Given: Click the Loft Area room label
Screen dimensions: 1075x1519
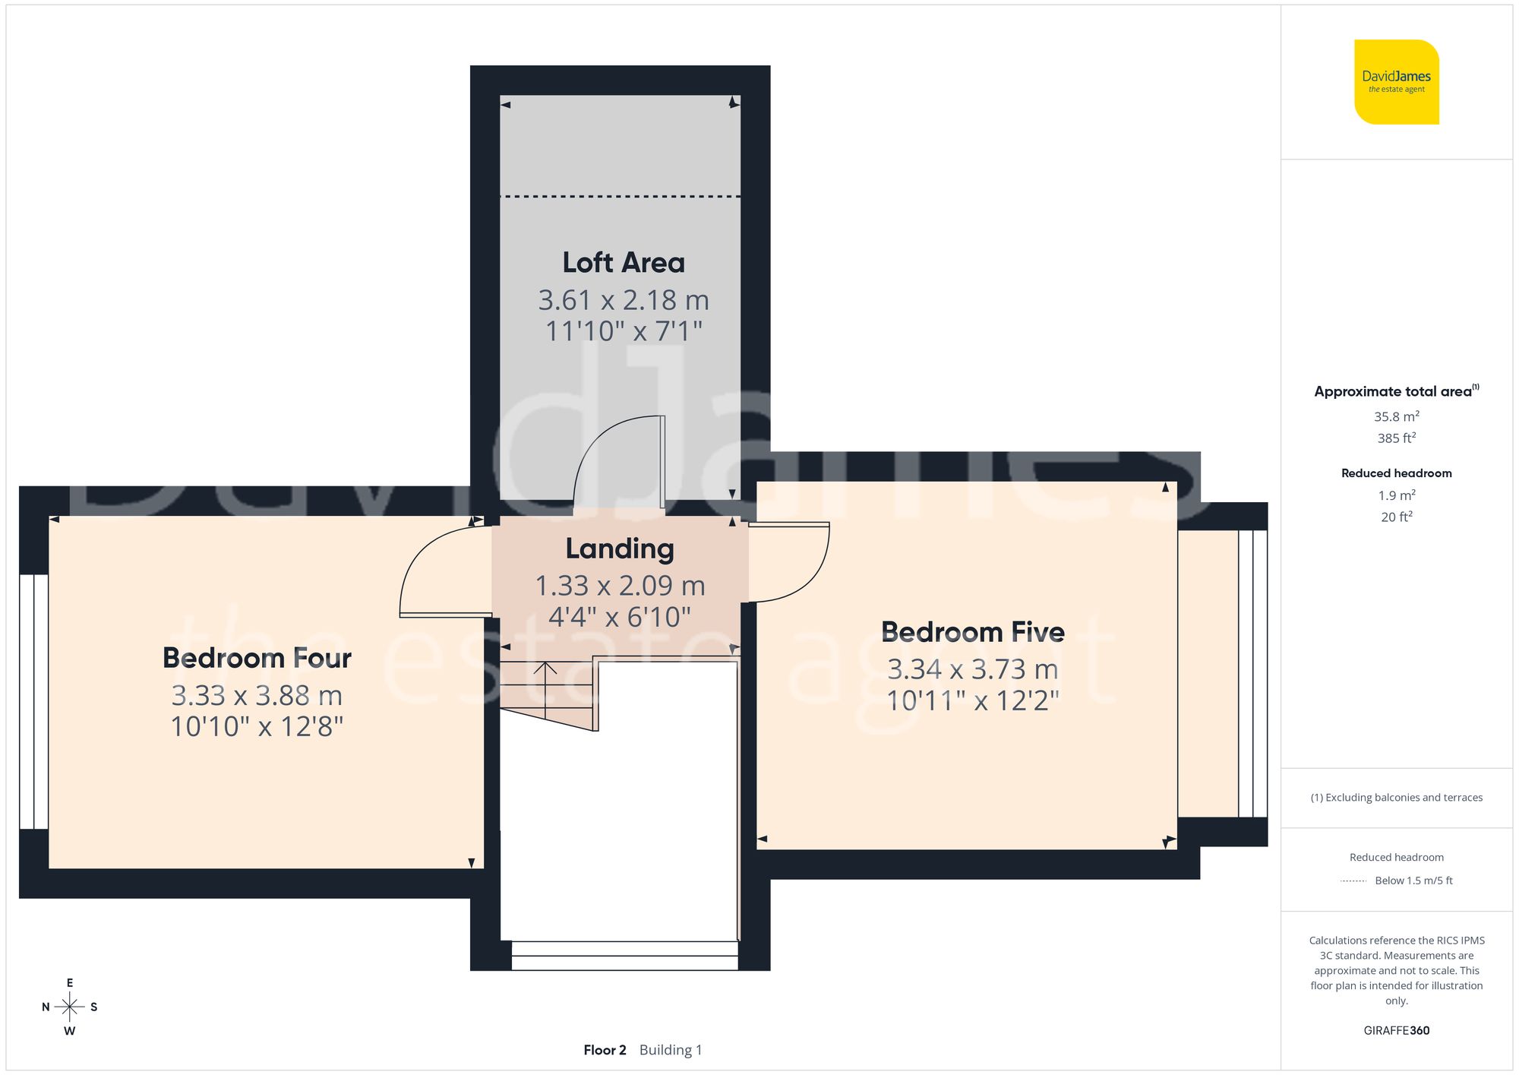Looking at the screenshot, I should pos(623,263).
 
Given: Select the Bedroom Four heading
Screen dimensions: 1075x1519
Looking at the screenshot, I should pos(257,658).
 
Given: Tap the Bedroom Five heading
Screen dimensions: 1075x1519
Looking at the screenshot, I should pos(972,632).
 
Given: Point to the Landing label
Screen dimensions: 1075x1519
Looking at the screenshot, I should pos(619,549).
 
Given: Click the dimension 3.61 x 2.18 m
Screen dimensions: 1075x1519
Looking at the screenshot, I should pos(623,300).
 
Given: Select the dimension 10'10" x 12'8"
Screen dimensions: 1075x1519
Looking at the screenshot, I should pos(257,727).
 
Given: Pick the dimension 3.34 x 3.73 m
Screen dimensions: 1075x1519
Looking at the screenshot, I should pos(972,669).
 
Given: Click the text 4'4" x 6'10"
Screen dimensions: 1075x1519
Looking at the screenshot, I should pos(619,617).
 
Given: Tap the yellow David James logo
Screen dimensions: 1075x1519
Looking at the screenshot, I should pos(1396,82).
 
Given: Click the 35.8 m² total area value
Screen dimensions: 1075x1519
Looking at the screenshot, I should pos(1396,416).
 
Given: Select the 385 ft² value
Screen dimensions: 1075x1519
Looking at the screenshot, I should pos(1396,438).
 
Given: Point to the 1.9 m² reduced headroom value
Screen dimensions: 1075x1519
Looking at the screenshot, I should pos(1396,495).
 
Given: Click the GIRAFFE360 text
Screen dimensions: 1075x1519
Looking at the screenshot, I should pos(1396,1030).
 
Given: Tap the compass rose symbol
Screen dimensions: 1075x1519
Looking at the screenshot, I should pos(69,1007).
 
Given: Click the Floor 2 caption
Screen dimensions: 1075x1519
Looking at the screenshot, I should pos(605,1050).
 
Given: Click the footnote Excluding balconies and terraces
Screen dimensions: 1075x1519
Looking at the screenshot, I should pos(1396,798).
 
